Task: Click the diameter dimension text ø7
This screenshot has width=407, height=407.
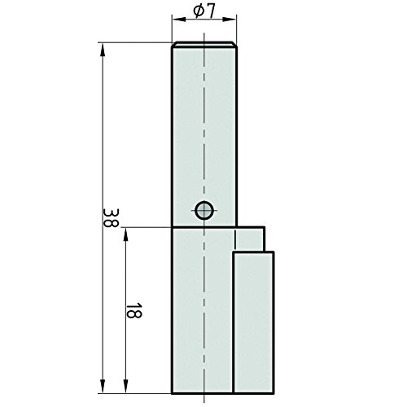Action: (x=204, y=13)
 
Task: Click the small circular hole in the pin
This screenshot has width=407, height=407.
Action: (x=204, y=211)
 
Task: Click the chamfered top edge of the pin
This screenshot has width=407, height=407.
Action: (x=203, y=45)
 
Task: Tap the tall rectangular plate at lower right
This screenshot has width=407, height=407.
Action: (x=253, y=322)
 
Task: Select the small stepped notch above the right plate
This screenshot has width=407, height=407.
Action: (x=251, y=239)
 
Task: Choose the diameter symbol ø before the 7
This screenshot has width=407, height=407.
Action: (x=199, y=13)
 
